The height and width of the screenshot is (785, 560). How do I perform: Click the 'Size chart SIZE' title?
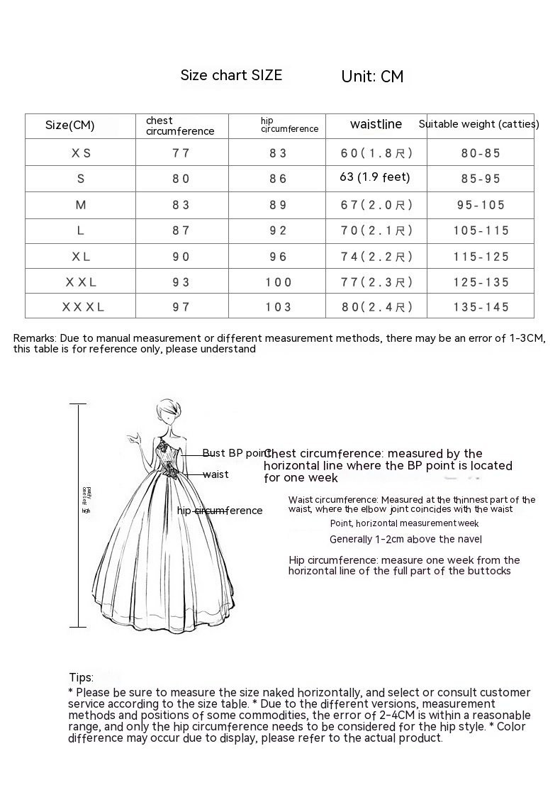click(x=231, y=75)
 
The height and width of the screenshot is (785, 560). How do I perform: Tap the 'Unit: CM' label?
click(x=372, y=77)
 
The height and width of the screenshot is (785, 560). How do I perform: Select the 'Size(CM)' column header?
click(x=69, y=126)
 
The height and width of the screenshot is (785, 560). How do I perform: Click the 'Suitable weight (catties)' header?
click(x=478, y=124)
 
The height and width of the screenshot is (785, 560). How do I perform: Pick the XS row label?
click(x=81, y=152)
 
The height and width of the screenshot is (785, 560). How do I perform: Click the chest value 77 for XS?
click(x=181, y=152)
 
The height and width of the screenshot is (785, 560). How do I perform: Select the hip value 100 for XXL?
click(x=279, y=282)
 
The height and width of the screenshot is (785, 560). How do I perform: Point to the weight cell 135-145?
click(x=481, y=307)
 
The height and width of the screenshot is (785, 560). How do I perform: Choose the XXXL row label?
click(x=83, y=307)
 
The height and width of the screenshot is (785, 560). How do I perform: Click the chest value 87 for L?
click(x=181, y=230)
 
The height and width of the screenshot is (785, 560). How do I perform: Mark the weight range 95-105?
click(x=481, y=205)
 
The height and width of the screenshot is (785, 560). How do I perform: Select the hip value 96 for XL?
click(x=279, y=257)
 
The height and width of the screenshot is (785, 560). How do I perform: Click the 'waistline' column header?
click(x=376, y=124)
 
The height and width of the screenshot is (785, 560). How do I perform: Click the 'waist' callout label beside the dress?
click(x=215, y=474)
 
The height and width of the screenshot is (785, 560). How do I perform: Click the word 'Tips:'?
click(x=81, y=678)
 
